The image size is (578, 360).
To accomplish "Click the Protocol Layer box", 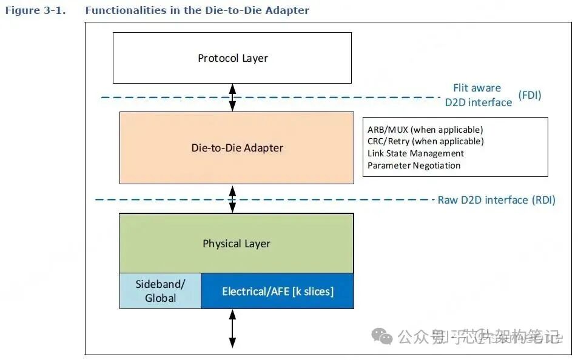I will [232, 58].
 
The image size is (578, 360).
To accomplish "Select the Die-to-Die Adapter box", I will [237, 147].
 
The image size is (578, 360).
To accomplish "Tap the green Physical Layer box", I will [236, 243].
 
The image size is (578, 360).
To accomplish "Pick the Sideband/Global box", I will [160, 291].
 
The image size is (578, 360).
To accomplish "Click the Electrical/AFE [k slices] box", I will [277, 291].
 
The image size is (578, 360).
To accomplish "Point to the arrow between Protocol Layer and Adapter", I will [232, 97].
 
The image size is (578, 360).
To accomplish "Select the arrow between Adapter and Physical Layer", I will [232, 198].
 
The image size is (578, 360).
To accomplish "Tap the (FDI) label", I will [529, 95].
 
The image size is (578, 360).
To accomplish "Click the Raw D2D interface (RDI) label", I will [496, 200].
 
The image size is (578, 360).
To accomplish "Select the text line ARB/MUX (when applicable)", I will [425, 129].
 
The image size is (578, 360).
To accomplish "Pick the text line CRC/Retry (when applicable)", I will [425, 141].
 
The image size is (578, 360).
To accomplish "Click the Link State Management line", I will [415, 153].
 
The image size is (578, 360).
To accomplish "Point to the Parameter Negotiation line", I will [414, 165].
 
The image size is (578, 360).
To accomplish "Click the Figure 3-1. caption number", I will [35, 10].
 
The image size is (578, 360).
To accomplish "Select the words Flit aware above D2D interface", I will [477, 88].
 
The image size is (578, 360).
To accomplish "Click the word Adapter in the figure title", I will [289, 10].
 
